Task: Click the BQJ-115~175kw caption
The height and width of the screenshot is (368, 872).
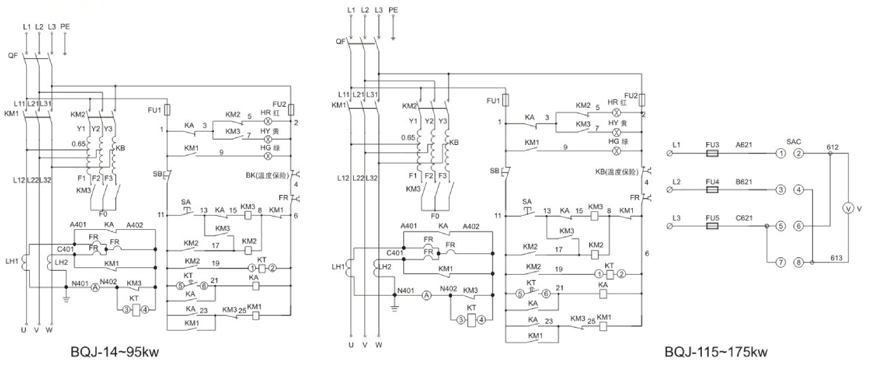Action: click(716, 353)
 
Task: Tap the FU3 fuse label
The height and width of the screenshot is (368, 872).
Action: click(712, 144)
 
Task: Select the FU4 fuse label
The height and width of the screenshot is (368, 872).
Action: click(712, 182)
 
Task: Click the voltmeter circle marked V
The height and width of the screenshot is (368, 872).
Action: click(848, 208)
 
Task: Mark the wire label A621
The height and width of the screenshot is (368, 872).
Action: click(745, 144)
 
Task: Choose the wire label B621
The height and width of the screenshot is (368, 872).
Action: click(745, 182)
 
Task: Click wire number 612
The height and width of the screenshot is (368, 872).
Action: click(833, 147)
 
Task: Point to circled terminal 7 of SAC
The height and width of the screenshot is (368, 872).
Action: click(780, 262)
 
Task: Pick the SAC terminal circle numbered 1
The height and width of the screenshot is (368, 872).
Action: click(780, 153)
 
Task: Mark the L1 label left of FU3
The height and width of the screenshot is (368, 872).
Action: click(675, 144)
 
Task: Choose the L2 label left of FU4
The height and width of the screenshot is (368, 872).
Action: click(675, 182)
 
